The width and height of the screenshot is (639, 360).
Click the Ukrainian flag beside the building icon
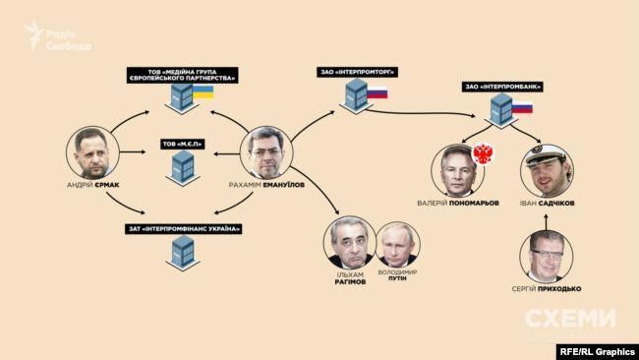click(x=203, y=93)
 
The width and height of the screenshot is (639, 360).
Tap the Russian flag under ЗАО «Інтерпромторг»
click(x=378, y=92)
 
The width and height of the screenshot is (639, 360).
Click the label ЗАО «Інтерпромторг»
click(x=352, y=70)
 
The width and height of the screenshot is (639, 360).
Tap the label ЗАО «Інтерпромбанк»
click(x=503, y=87)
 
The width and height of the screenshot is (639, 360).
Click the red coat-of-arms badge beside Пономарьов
click(x=482, y=154)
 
